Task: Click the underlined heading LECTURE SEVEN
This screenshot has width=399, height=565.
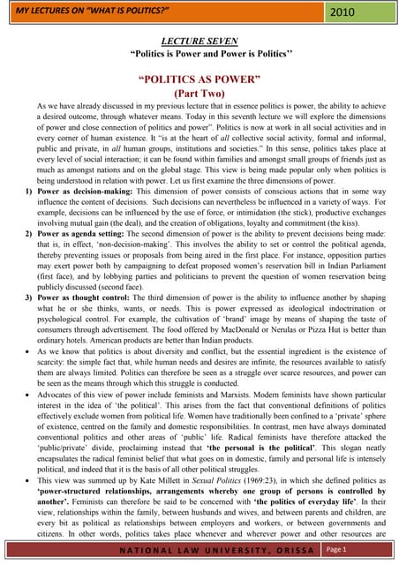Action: point(199,41)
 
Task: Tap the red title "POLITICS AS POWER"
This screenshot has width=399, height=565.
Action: point(199,79)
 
